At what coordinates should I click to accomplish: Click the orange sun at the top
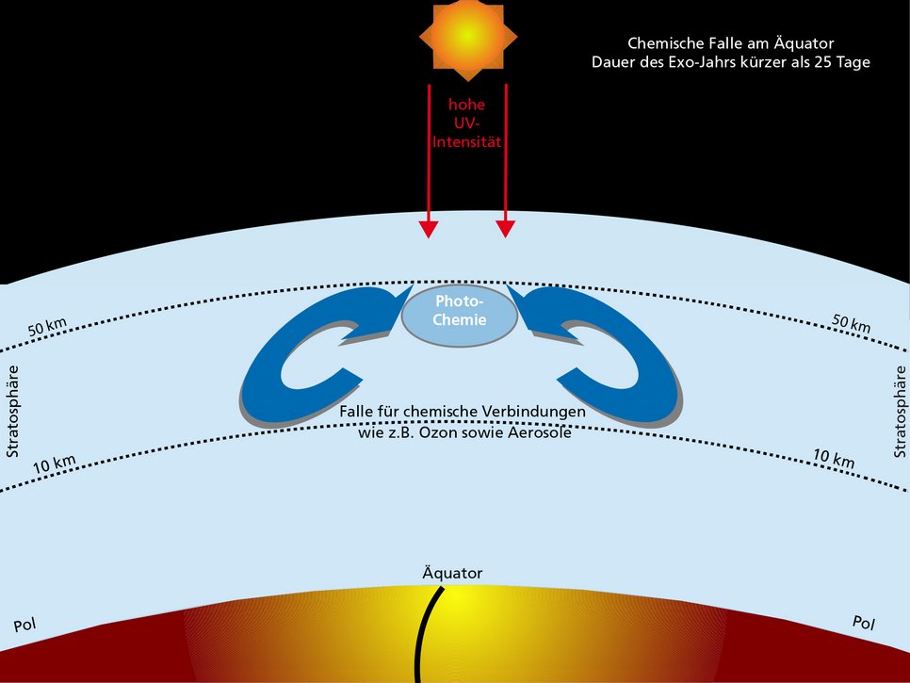point(467,36)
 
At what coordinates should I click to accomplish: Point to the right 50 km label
point(851,323)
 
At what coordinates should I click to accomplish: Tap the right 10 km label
point(834,459)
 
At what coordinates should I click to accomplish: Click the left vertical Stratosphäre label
point(13,412)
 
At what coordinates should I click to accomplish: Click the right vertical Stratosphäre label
point(897,412)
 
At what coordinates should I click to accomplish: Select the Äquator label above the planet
point(453,572)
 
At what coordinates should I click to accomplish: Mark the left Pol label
point(24,625)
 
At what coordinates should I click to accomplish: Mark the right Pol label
point(863,623)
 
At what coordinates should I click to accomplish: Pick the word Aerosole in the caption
point(537,431)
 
